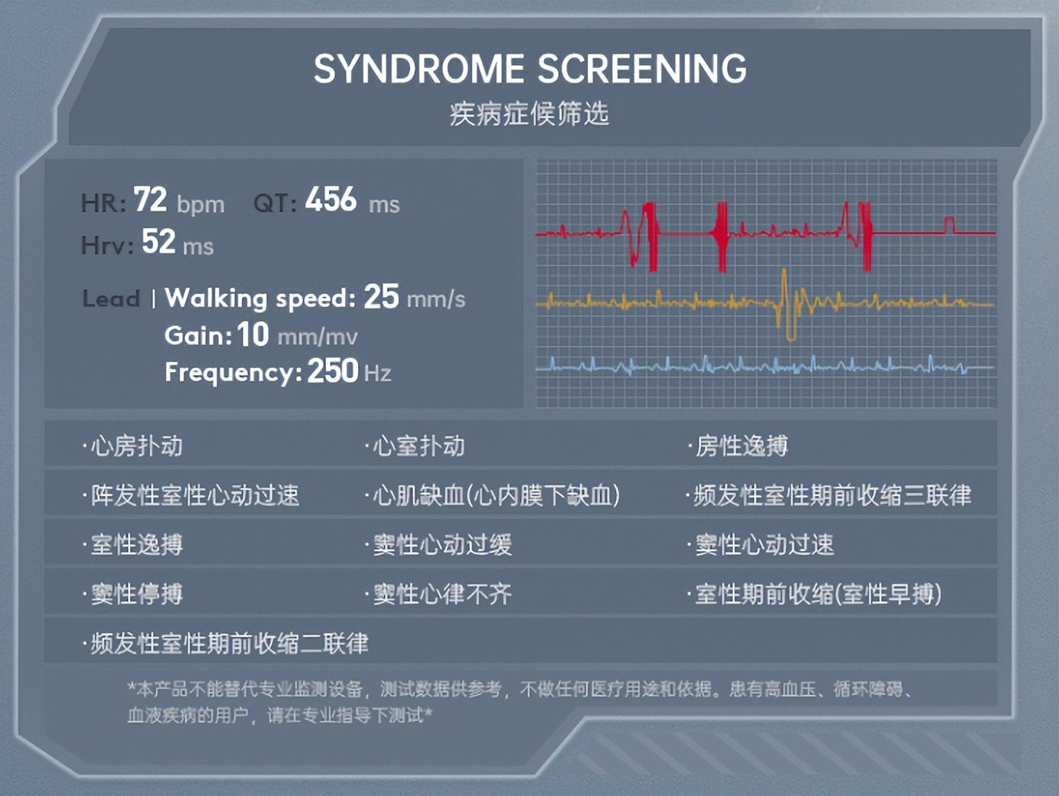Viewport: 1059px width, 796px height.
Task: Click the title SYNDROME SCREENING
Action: click(x=529, y=69)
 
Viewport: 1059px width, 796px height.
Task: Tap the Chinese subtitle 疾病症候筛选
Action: click(x=529, y=114)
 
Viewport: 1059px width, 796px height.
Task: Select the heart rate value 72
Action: click(x=150, y=200)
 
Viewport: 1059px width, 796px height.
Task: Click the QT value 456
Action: click(x=331, y=200)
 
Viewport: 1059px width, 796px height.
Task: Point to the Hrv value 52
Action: click(x=158, y=242)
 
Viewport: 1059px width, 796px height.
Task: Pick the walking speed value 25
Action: click(x=381, y=297)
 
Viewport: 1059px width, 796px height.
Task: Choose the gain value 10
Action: click(x=253, y=334)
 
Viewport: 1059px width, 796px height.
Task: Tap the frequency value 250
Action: click(x=333, y=371)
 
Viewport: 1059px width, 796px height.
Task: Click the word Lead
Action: click(x=111, y=298)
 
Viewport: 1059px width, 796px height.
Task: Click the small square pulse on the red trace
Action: click(x=949, y=224)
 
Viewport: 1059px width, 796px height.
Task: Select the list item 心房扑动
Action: click(x=136, y=446)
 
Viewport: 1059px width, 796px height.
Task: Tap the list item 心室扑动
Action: click(x=418, y=446)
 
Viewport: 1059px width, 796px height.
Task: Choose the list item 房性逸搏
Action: click(x=741, y=446)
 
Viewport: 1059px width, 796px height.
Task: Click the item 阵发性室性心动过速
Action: click(x=194, y=495)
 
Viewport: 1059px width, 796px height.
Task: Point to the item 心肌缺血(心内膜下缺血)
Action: click(x=496, y=495)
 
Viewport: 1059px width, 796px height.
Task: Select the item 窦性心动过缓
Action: click(x=442, y=545)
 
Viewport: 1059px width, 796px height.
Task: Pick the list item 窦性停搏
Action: click(x=136, y=594)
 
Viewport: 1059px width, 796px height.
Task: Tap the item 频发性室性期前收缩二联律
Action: click(x=229, y=643)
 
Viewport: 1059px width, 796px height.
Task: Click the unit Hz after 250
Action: click(x=378, y=374)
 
